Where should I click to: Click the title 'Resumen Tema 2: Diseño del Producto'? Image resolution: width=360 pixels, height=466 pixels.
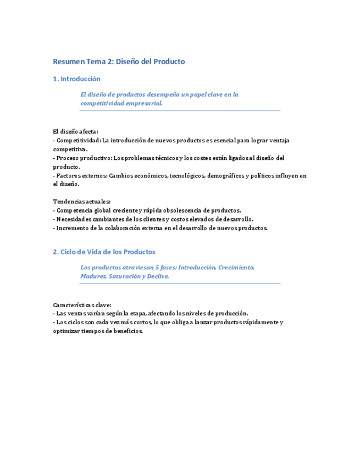coord(119,62)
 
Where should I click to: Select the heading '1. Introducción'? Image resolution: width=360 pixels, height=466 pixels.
coord(76,79)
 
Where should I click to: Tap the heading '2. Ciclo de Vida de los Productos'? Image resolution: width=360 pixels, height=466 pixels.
coord(104,252)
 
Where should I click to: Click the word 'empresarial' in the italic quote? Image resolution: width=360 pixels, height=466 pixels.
coord(143,103)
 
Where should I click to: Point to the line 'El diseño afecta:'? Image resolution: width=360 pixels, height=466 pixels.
coord(75,131)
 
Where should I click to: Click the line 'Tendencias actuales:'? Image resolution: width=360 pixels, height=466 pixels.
coord(81,202)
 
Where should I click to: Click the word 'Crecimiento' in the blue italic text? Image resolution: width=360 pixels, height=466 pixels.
coord(235,268)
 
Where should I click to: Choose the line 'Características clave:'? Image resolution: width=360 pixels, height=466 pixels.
coord(82,304)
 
